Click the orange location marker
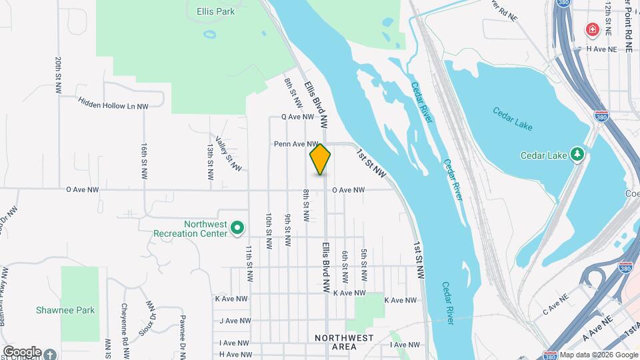click(x=320, y=159)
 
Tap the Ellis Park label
click(x=216, y=11)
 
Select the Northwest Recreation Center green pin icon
click(x=237, y=229)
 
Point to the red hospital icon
click(x=591, y=30)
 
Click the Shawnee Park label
click(x=65, y=310)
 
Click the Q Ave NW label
click(x=297, y=117)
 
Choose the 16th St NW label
click(x=144, y=160)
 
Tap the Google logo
click(x=22, y=351)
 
